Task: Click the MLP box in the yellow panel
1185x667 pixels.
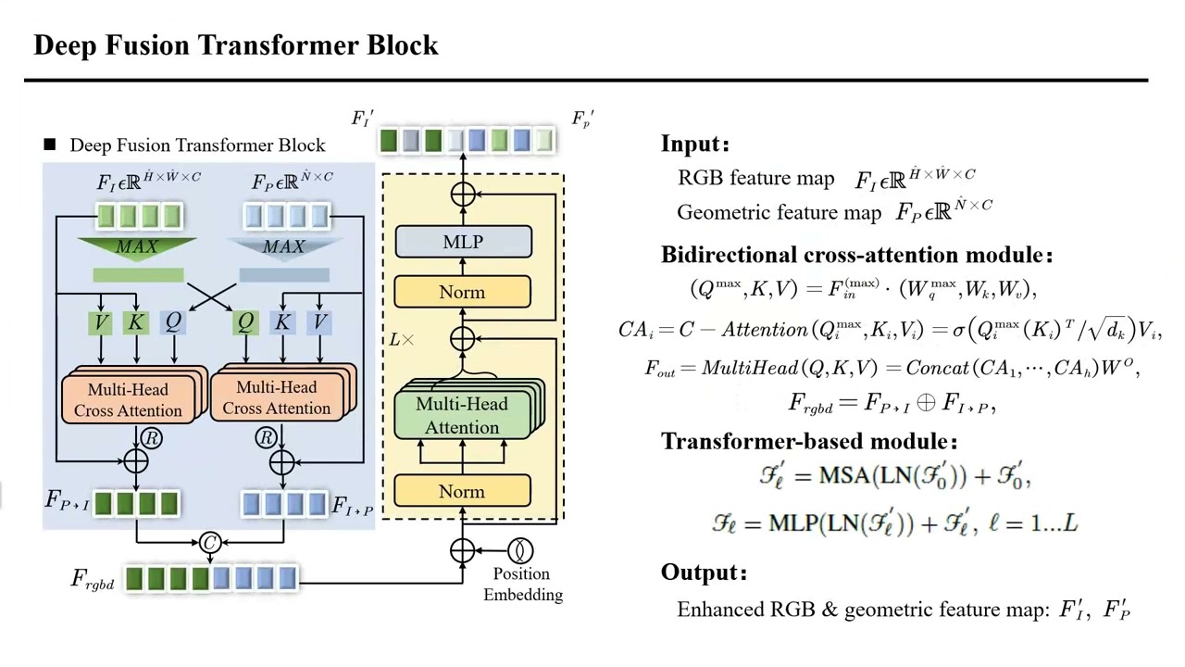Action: coord(463,242)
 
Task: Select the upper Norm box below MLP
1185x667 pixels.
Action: coord(463,293)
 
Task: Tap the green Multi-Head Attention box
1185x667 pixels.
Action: coord(462,415)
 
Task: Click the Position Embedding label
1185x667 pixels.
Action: coord(522,585)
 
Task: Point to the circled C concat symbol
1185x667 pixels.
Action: coord(210,543)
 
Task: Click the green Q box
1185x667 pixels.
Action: coord(245,322)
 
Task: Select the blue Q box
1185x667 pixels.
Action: coord(172,322)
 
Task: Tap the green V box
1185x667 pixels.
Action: coord(101,322)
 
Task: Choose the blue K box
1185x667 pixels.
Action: coord(282,322)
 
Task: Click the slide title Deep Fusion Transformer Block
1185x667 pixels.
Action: coord(235,45)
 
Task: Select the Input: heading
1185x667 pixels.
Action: coord(695,144)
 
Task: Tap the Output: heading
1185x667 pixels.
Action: coord(704,573)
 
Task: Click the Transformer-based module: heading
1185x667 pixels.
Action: coord(809,442)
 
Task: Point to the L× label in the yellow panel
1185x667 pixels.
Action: coord(402,340)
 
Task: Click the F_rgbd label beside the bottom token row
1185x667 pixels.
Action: coord(94,580)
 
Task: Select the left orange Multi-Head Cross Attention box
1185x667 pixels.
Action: coord(129,399)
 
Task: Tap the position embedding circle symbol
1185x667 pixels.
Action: coord(520,551)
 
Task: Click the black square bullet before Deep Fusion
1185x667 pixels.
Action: coord(50,145)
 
